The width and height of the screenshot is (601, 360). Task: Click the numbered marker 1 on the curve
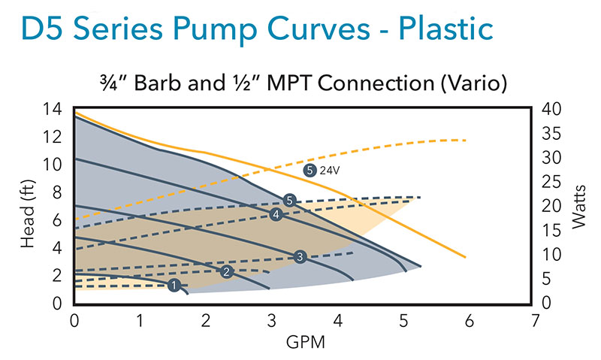click(x=174, y=285)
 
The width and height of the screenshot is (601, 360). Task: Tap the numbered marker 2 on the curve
click(x=227, y=271)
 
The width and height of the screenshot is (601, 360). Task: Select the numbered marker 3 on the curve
click(x=300, y=256)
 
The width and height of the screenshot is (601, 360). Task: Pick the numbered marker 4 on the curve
click(x=276, y=215)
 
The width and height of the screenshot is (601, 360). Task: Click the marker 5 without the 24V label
click(x=290, y=200)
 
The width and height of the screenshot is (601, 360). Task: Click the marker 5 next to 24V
click(x=310, y=170)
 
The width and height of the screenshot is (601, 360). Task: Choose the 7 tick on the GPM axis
click(x=535, y=321)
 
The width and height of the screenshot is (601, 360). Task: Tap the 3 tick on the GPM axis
click(x=272, y=321)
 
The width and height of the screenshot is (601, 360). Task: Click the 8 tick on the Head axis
click(x=57, y=193)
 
